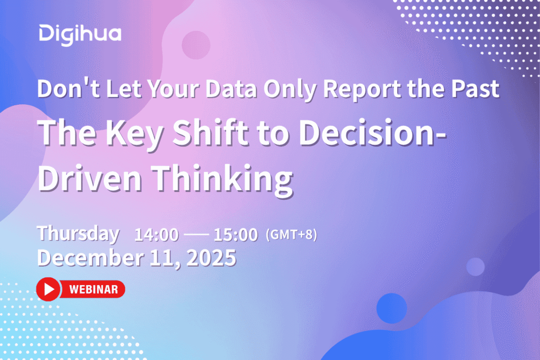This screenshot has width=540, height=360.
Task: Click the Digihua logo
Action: pos(80,35)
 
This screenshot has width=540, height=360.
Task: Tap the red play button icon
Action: pos(48,289)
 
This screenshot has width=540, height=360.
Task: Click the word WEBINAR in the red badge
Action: pos(94,289)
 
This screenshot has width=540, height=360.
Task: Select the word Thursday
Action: pos(78,234)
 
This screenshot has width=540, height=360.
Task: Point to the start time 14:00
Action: pos(157,235)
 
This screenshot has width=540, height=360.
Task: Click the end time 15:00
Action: pos(236,235)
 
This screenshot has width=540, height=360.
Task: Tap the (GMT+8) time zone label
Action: pos(291,235)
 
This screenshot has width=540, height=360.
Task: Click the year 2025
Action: pos(211,258)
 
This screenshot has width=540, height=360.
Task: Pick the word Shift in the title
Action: pos(210,132)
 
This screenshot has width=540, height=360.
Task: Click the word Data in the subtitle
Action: pos(231,89)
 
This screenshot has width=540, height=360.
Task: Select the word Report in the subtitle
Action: pos(362,90)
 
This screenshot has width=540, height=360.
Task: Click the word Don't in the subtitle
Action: pos(69,88)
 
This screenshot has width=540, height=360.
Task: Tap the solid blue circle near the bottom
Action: pos(392,308)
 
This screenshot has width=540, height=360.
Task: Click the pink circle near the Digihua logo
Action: pos(196,45)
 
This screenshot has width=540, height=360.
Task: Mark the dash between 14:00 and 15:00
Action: pos(196,235)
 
